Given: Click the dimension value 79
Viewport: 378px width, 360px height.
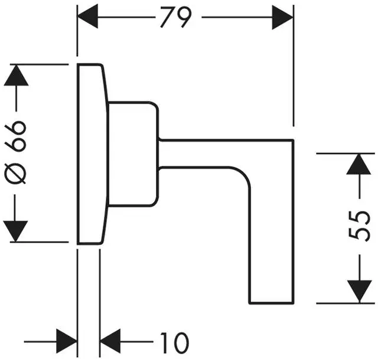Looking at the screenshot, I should pos(177,17).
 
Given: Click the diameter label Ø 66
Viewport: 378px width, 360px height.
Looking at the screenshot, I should pos(17,153).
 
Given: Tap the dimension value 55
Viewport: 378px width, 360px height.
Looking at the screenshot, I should pos(360,227).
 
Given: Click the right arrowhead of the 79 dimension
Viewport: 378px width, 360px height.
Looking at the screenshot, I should pos(282,17).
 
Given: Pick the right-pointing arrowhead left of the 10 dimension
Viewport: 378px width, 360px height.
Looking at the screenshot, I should pos(67,341).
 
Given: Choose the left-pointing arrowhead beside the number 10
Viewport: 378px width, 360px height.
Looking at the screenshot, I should pos(110,341).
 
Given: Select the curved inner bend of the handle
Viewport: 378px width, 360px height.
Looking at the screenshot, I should pos(243,176).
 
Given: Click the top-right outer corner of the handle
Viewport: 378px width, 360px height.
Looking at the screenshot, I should pos(293,140).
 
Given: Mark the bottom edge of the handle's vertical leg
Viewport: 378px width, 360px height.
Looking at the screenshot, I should pos(272,303).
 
